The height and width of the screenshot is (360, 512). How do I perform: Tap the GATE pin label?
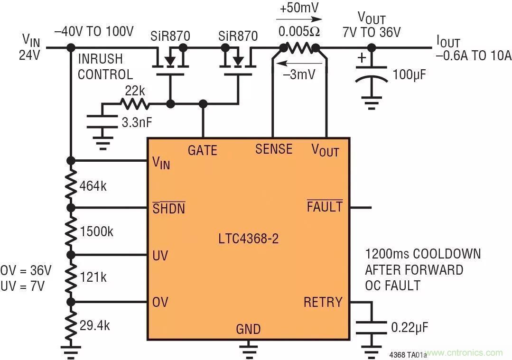202,150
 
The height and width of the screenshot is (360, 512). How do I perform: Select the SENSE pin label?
273,149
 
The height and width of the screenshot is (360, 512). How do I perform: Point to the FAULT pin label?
325,207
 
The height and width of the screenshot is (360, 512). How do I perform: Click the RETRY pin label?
323,302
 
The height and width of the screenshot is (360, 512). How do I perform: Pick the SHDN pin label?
168,208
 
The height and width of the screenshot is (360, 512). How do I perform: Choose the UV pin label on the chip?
160,256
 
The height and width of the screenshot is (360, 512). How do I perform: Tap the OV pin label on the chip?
160,302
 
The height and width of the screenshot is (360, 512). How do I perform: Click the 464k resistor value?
93,186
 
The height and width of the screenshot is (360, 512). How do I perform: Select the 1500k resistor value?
97,232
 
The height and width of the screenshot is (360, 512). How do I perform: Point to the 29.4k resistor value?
95,325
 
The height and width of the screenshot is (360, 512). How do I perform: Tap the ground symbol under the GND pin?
248,350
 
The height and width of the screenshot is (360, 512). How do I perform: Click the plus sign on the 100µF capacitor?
362,58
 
